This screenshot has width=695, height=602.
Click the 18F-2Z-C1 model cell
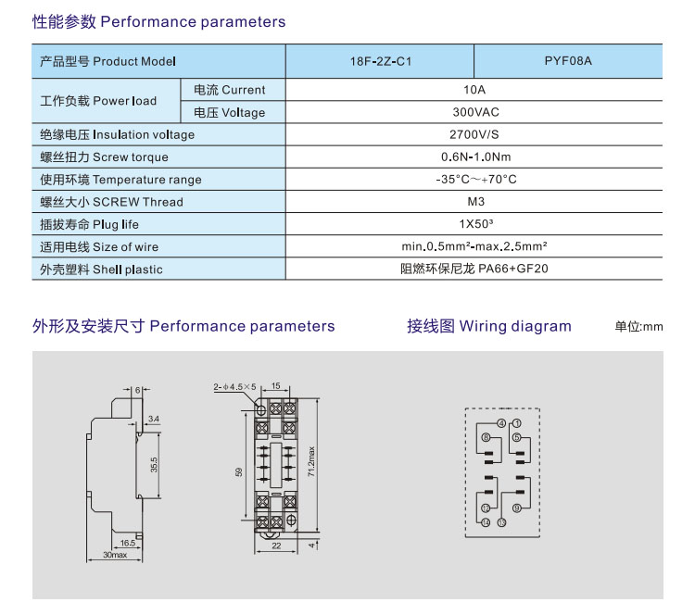(x=379, y=62)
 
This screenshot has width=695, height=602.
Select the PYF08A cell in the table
(x=567, y=62)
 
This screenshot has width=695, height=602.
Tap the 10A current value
(x=474, y=90)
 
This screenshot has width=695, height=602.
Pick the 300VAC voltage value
(x=474, y=112)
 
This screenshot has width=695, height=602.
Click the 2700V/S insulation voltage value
(x=474, y=134)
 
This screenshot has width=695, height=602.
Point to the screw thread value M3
(x=474, y=202)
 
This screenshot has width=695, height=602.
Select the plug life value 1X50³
(x=474, y=224)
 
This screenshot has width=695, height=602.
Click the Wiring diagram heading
(x=489, y=326)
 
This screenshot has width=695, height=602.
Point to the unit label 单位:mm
(x=639, y=327)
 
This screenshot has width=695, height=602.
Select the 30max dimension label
(x=115, y=555)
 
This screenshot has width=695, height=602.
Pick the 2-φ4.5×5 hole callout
(x=234, y=386)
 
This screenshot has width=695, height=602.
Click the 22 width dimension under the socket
(x=276, y=546)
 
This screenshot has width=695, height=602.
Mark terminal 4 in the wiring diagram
(x=500, y=423)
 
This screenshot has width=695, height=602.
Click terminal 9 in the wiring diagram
(x=517, y=507)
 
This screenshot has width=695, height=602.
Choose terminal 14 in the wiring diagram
(x=486, y=522)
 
